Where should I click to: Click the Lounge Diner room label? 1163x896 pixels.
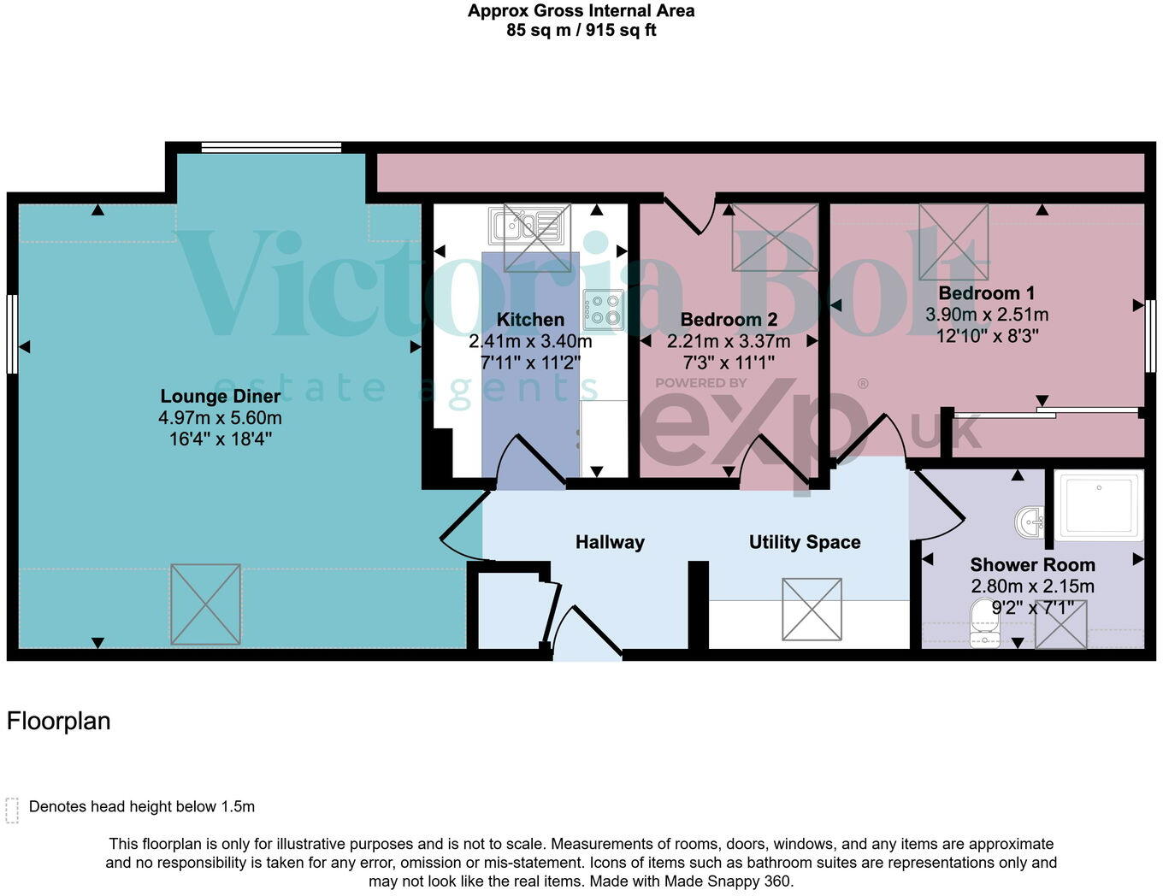[221, 396]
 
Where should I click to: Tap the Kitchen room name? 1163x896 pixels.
[530, 320]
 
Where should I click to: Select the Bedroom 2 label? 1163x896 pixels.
[729, 320]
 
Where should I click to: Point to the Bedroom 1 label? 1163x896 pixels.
[986, 293]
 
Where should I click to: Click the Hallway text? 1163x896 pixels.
[610, 542]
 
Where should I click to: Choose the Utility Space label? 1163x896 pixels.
[805, 542]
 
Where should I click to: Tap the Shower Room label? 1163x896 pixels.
[1032, 565]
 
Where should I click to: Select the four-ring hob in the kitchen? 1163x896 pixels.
[604, 310]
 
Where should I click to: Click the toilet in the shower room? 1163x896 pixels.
[986, 624]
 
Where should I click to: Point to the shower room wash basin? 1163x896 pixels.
[1031, 521]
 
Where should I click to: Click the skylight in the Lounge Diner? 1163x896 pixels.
[205, 604]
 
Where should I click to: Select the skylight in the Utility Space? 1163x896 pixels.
[812, 610]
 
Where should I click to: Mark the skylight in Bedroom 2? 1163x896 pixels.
[775, 238]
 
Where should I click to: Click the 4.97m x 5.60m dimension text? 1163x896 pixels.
[220, 418]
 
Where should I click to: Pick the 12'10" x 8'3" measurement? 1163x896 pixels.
[987, 336]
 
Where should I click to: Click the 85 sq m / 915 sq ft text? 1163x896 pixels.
[581, 31]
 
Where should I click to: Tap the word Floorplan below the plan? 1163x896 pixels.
[59, 722]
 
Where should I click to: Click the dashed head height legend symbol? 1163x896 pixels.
[12, 810]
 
